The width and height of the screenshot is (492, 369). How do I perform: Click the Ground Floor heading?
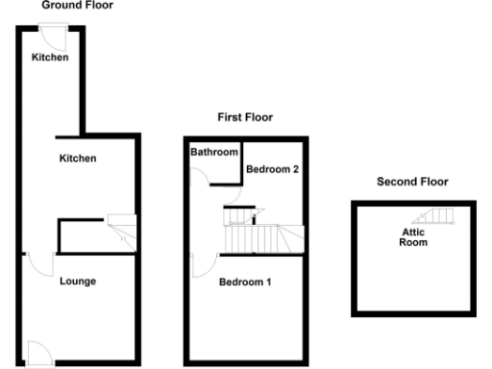[x=77, y=5]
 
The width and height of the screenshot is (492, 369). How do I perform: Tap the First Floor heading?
[x=245, y=117]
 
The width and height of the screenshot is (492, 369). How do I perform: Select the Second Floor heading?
[x=412, y=182]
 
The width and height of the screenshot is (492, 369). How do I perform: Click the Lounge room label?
[x=77, y=282]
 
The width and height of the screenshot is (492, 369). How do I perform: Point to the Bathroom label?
[x=213, y=153]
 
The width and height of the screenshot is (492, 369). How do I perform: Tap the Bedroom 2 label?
[x=274, y=169]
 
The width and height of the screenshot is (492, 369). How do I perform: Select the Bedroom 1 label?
[x=245, y=283]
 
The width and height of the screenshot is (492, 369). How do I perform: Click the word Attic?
[x=413, y=232]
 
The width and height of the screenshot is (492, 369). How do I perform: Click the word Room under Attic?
[x=413, y=242]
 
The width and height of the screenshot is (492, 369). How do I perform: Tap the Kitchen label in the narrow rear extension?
[x=50, y=58]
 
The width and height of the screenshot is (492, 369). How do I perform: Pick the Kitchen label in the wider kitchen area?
[x=77, y=158]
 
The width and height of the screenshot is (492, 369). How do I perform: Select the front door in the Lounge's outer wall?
[x=39, y=353]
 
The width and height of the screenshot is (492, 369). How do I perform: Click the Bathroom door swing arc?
[x=200, y=175]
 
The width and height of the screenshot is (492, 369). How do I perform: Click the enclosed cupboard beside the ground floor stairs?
[x=82, y=235]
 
